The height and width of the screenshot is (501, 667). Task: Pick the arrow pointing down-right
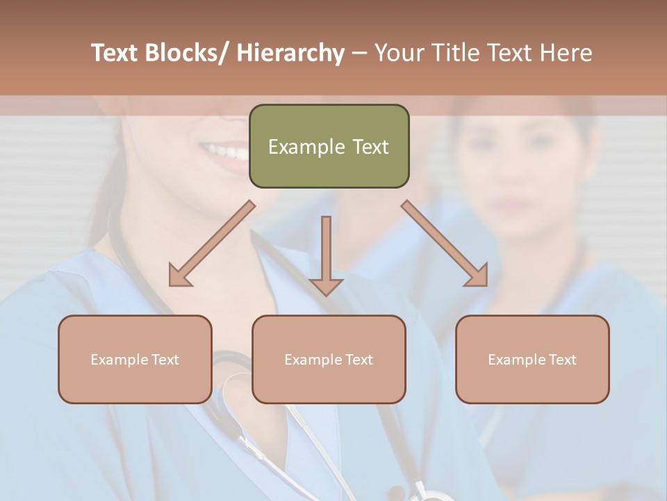[445, 244]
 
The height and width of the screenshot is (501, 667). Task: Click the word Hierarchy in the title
[290, 54]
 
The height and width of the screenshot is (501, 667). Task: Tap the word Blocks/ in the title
[188, 54]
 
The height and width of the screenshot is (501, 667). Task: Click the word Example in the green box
[306, 148]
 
